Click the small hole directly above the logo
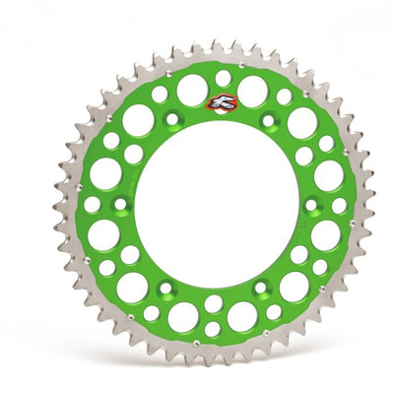[x=224, y=78]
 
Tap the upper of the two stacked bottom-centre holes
[x=214, y=303]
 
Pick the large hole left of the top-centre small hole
[x=192, y=90]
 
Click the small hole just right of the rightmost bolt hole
[x=339, y=205]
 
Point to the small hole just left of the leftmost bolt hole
[x=92, y=204]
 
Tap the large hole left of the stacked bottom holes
[x=182, y=316]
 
